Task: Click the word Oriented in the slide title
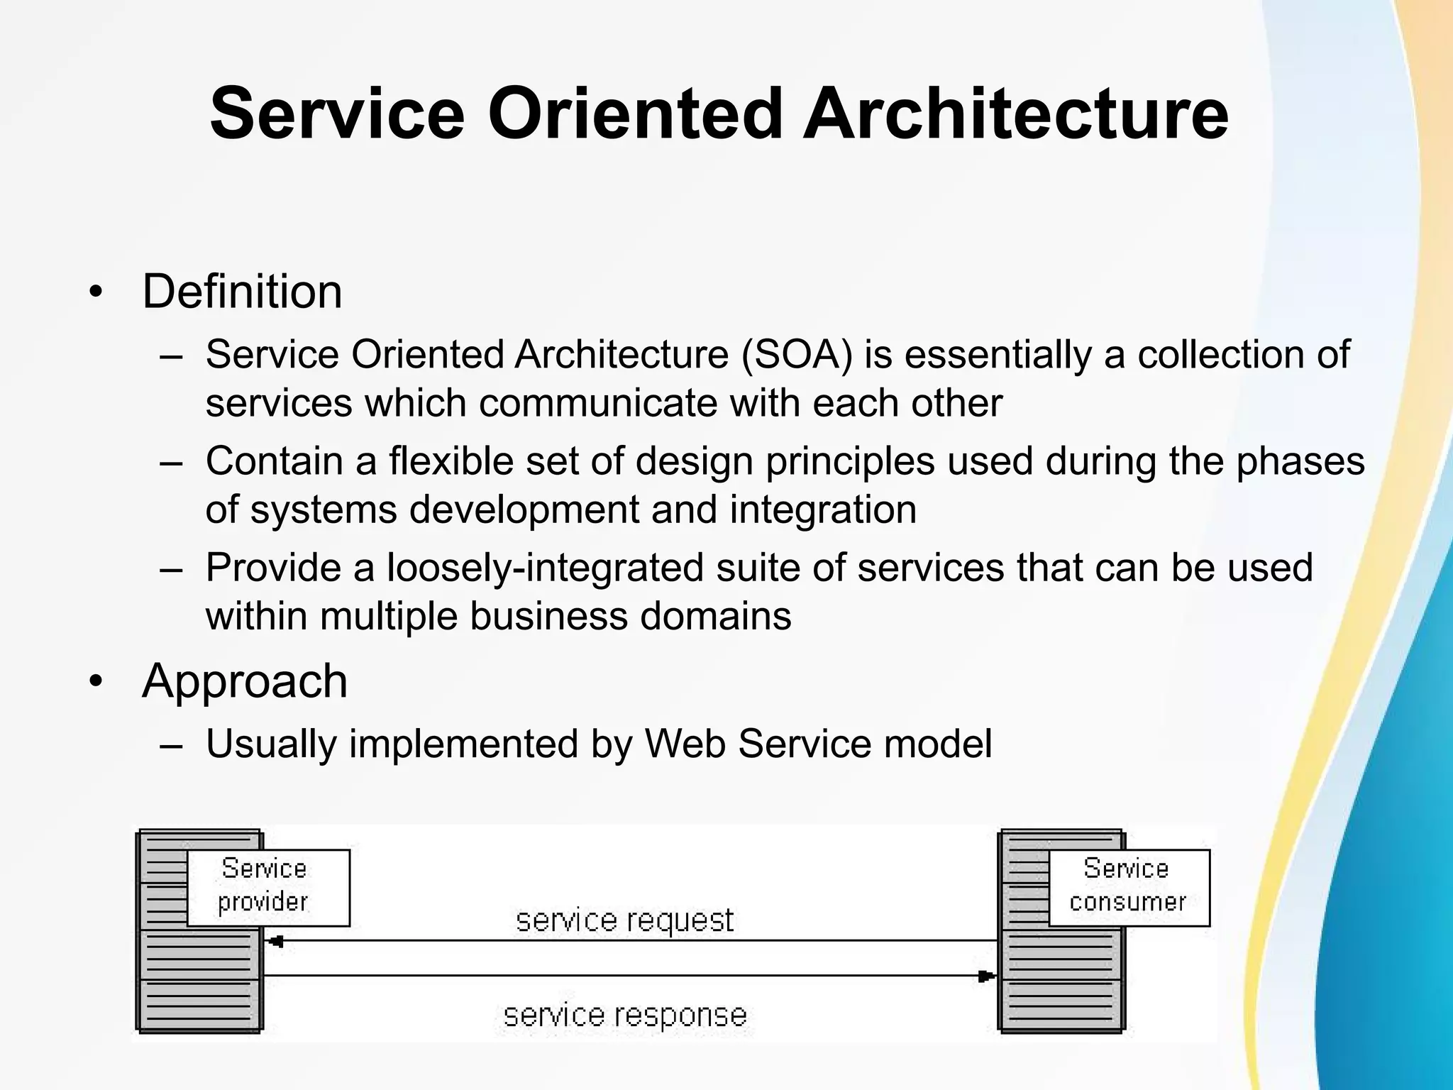click(633, 114)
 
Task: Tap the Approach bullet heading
click(245, 681)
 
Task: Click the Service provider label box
click(267, 887)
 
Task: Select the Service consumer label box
click(1128, 887)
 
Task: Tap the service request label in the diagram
click(624, 920)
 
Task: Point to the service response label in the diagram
click(624, 1015)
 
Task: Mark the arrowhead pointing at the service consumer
click(987, 976)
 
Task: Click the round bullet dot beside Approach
click(96, 683)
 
